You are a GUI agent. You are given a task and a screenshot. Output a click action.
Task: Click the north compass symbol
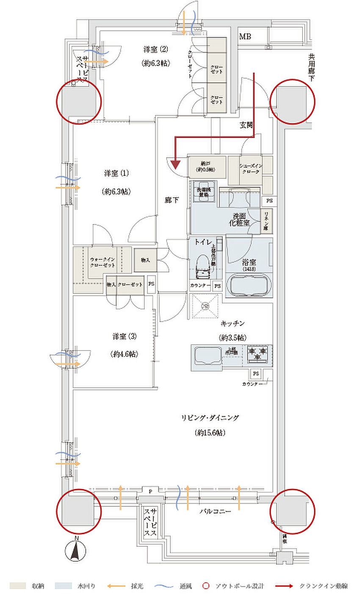(x=76, y=551)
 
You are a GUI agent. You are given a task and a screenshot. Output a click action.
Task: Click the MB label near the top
(x=245, y=37)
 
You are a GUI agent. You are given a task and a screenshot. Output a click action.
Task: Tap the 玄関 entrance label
(x=247, y=125)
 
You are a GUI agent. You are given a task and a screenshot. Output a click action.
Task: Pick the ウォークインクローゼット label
(x=102, y=262)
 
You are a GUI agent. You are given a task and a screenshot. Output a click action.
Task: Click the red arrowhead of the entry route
(x=176, y=163)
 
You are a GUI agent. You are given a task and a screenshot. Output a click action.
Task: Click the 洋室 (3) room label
(x=125, y=337)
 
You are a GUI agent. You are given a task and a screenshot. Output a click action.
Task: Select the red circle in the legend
(x=206, y=586)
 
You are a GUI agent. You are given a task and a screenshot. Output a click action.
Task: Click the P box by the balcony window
(x=150, y=491)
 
